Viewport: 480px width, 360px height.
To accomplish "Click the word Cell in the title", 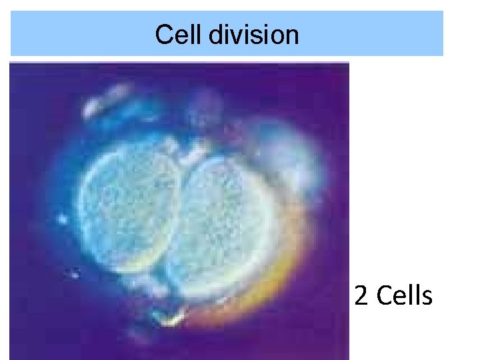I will point(179,34).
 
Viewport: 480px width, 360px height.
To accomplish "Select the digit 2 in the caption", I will point(361,296).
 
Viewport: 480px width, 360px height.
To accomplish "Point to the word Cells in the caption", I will point(404,296).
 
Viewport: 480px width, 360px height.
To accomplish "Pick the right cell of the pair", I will point(223,213).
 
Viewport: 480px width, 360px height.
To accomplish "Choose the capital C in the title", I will point(163,34).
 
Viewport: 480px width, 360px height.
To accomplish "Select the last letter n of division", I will point(292,35).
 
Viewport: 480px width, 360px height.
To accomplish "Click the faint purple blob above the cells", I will point(200,107).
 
